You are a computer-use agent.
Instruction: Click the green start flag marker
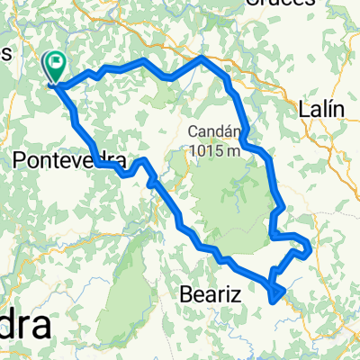tap(55, 68)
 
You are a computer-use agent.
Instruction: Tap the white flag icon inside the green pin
tap(58, 63)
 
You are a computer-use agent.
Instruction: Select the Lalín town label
tap(321, 109)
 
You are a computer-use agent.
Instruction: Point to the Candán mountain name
tap(211, 130)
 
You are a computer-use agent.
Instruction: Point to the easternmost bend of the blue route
tap(310, 247)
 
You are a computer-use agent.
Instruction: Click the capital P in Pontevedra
tap(22, 161)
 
